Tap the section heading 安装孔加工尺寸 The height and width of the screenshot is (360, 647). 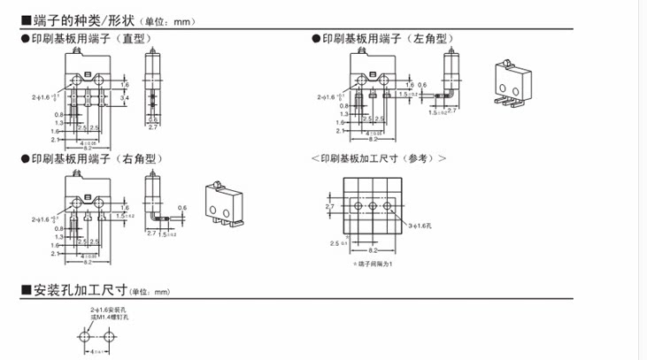(x=80, y=290)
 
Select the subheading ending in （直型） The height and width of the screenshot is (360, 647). (x=89, y=39)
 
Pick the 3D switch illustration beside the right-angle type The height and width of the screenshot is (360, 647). (x=222, y=203)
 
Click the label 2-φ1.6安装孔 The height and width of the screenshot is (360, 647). (x=107, y=310)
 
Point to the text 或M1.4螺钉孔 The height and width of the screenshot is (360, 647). (x=108, y=317)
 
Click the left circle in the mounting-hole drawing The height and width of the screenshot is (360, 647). (x=86, y=337)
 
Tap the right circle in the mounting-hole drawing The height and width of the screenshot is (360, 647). (x=109, y=337)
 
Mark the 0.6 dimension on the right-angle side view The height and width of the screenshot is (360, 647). (x=181, y=208)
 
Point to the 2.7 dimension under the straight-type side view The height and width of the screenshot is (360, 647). (x=153, y=128)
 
